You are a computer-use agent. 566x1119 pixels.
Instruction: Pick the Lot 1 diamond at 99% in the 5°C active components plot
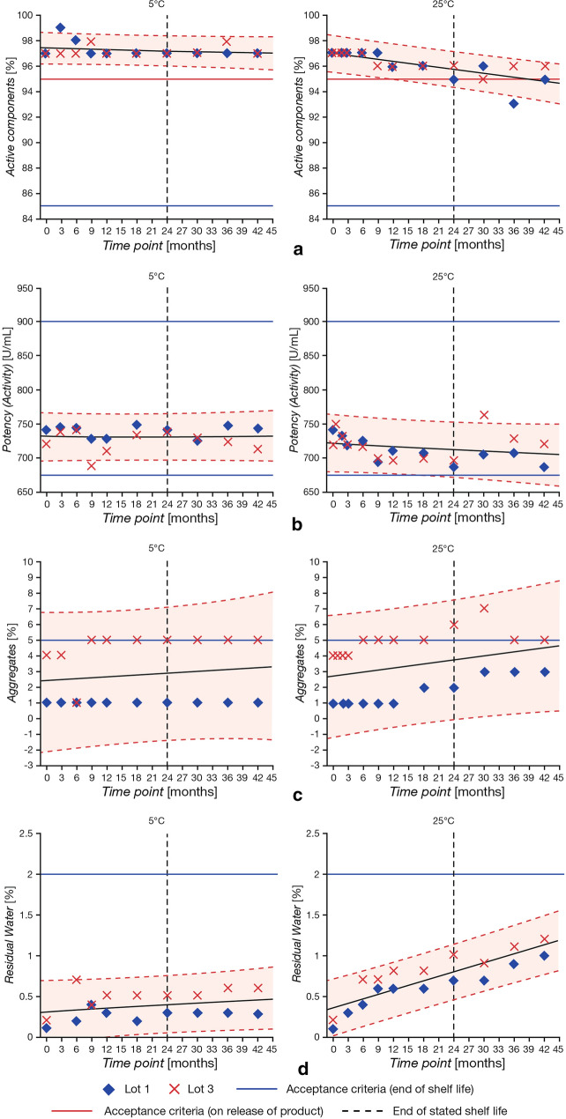click(x=60, y=28)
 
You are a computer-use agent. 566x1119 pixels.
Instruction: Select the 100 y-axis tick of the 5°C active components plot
click(x=23, y=16)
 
